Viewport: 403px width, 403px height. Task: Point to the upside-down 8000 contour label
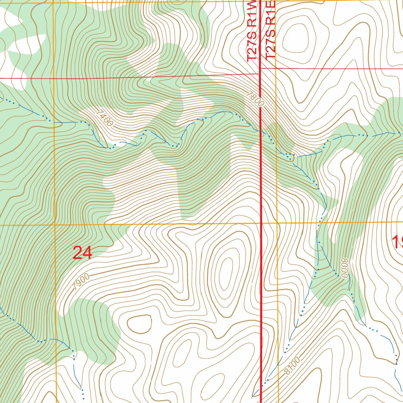(x=345, y=268)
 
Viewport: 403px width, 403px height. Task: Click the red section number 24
(x=83, y=253)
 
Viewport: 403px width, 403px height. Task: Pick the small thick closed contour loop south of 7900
(x=139, y=324)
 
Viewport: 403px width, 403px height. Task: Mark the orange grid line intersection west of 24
(x=54, y=225)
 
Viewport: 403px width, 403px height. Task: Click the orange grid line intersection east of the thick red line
(x=277, y=223)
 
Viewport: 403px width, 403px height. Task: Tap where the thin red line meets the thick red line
(x=260, y=72)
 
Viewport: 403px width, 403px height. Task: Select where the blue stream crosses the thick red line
(x=261, y=131)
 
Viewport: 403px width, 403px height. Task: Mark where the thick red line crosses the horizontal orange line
(x=261, y=223)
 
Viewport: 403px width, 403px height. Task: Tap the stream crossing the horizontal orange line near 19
(x=320, y=222)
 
